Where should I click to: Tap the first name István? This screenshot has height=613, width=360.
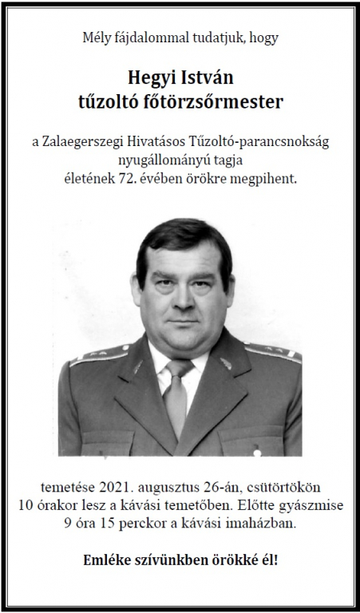[204, 77]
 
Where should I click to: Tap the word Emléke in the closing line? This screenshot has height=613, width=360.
[109, 560]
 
